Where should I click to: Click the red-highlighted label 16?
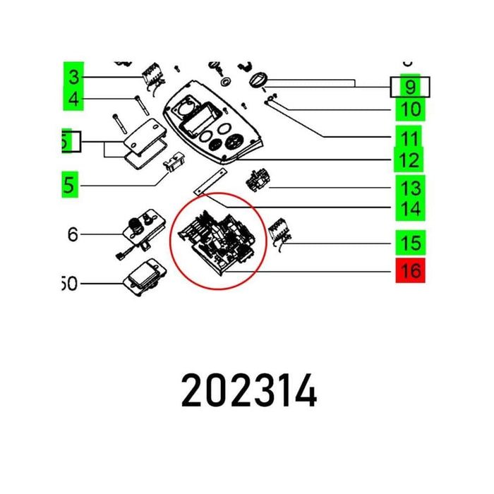[411, 270]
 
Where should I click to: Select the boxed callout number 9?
[410, 87]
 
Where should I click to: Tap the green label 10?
[411, 109]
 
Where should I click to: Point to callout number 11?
[410, 138]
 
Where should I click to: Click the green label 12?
[410, 160]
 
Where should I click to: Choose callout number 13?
[410, 188]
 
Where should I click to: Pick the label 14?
[410, 209]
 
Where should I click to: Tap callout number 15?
[410, 243]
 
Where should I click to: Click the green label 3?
[73, 76]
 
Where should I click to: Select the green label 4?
[73, 100]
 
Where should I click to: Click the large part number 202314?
[249, 392]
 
